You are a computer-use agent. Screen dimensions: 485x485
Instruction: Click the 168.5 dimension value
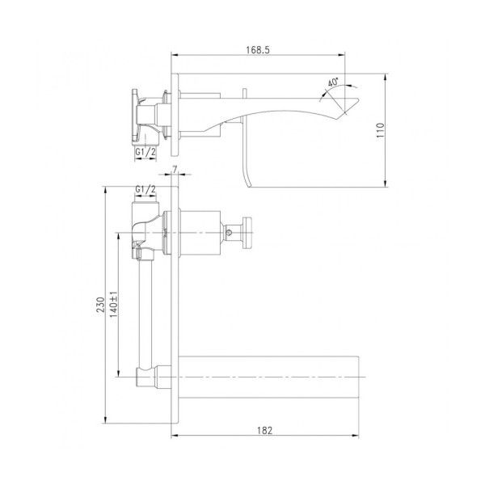[258, 50]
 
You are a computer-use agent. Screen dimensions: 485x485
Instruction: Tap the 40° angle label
[333, 82]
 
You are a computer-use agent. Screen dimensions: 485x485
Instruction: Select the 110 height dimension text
[380, 130]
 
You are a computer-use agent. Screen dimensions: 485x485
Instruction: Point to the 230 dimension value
[101, 305]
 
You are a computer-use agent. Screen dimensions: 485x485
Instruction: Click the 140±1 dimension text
[113, 305]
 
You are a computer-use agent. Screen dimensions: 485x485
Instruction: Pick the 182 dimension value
[265, 430]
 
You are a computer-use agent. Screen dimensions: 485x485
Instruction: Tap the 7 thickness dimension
[175, 169]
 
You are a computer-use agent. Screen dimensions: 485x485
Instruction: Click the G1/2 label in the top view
[145, 152]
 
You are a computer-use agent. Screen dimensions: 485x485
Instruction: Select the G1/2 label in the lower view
[145, 189]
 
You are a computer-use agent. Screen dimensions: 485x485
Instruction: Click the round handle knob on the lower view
[247, 233]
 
